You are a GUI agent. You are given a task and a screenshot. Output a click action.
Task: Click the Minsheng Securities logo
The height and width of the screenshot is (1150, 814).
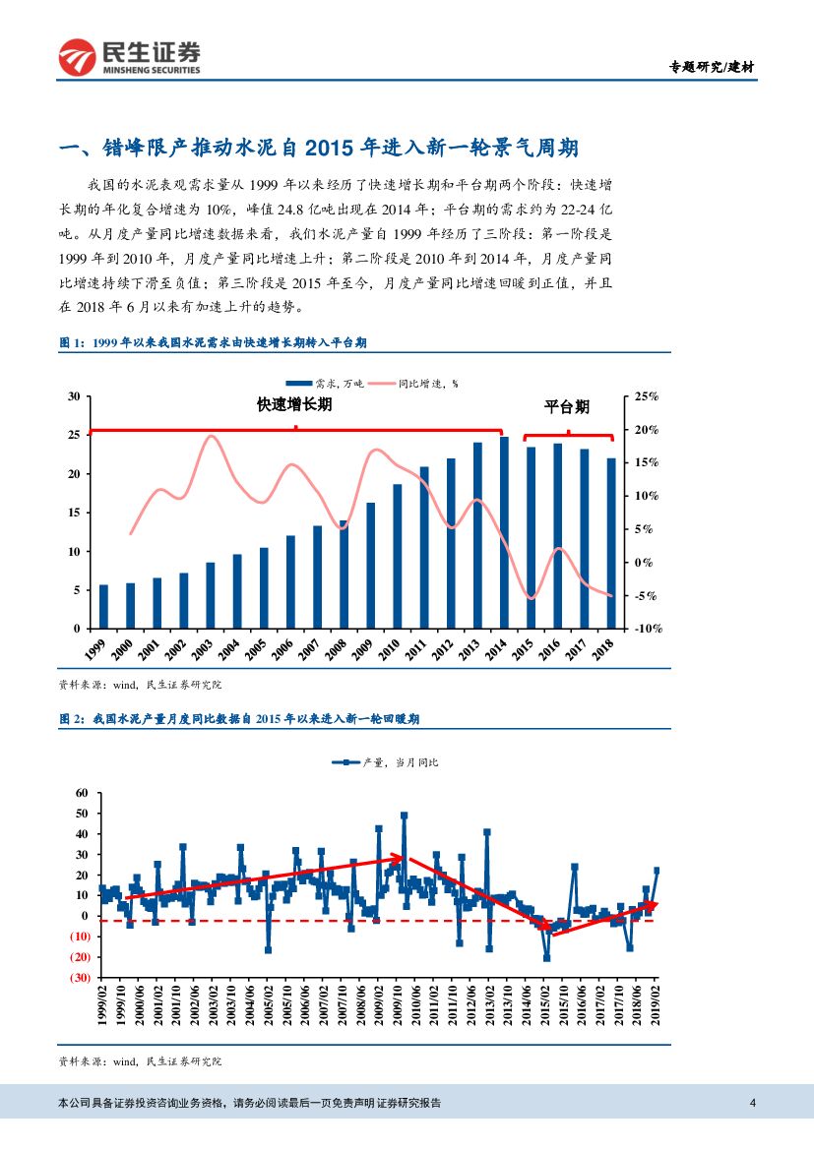[129, 58]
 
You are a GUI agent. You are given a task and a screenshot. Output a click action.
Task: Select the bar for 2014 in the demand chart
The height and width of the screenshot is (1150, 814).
[505, 532]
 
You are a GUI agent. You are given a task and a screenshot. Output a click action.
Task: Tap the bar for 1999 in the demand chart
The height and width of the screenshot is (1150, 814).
[103, 606]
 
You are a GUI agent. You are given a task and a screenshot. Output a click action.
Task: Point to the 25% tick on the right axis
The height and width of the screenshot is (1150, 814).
[646, 396]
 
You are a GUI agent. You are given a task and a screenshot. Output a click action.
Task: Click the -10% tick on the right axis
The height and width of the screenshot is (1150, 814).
[645, 629]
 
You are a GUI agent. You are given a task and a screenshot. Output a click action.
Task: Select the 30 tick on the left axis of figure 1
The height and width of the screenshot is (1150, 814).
[73, 396]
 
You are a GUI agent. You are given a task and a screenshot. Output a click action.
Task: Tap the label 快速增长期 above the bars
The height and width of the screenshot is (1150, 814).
[294, 405]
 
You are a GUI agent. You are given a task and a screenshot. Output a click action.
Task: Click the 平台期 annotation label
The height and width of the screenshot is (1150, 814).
[567, 406]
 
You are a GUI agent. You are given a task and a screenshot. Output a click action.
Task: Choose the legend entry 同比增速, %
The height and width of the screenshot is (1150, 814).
[427, 384]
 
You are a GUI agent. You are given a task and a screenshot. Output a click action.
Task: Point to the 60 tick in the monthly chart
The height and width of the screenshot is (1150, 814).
[82, 793]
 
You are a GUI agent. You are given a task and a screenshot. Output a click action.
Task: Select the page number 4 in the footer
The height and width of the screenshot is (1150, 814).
[753, 1103]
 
